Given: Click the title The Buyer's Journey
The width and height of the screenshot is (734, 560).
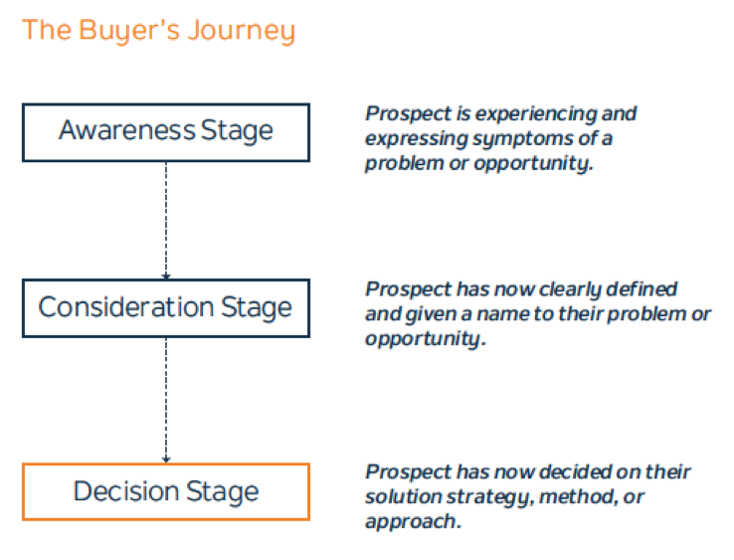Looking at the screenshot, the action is tap(158, 31).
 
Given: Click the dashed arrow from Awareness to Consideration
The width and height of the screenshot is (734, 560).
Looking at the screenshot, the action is tap(166, 221).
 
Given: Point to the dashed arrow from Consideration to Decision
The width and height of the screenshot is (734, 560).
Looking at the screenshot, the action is tap(166, 400).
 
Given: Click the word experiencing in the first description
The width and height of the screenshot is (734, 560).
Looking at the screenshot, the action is tap(534, 114).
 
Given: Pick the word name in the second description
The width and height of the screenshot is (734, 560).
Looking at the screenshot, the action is tap(501, 314).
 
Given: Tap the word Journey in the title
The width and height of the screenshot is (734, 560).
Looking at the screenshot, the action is tap(241, 31).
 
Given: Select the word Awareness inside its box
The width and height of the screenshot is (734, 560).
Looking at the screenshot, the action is tap(126, 130).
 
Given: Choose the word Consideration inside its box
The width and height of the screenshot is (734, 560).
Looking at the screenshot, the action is tap(126, 307).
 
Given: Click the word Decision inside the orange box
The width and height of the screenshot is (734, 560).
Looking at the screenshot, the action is tap(126, 491).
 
